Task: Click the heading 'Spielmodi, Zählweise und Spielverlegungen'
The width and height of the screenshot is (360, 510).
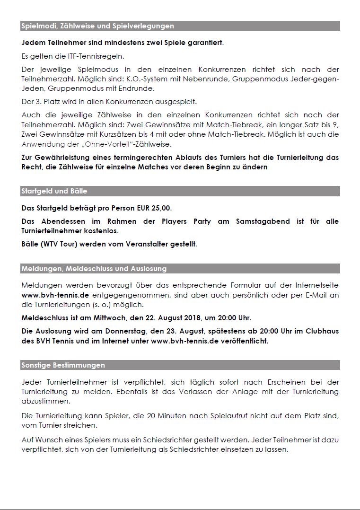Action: (x=97, y=26)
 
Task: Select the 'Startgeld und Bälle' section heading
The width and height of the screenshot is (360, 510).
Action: (x=54, y=191)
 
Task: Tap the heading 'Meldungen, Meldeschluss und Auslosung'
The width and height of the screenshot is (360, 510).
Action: (x=94, y=269)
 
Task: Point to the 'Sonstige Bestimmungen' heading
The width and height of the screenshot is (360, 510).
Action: (x=63, y=365)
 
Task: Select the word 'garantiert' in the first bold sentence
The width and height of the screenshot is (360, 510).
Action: (x=203, y=43)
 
